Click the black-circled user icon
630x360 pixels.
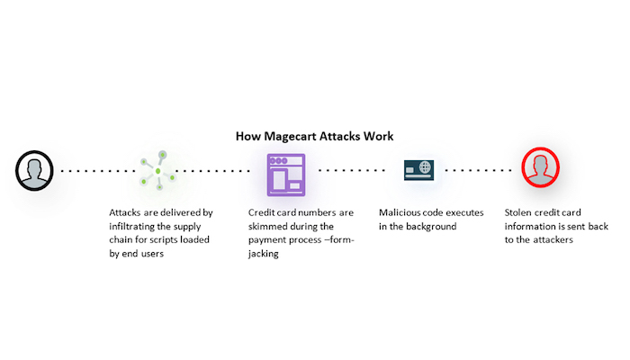click(x=34, y=169)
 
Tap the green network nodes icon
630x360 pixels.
click(x=157, y=170)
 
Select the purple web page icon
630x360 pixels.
click(x=286, y=175)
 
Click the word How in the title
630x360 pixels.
click(x=248, y=137)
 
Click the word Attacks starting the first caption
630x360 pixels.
click(x=127, y=213)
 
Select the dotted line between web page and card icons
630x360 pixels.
click(x=352, y=170)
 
